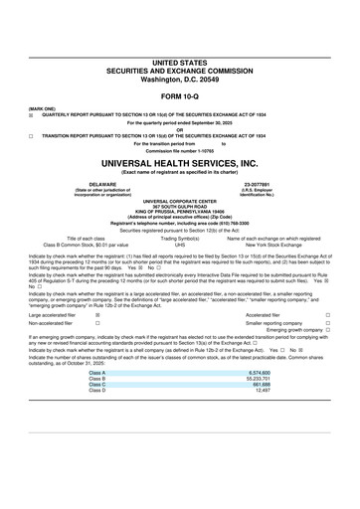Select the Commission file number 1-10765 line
coord(179,149)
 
